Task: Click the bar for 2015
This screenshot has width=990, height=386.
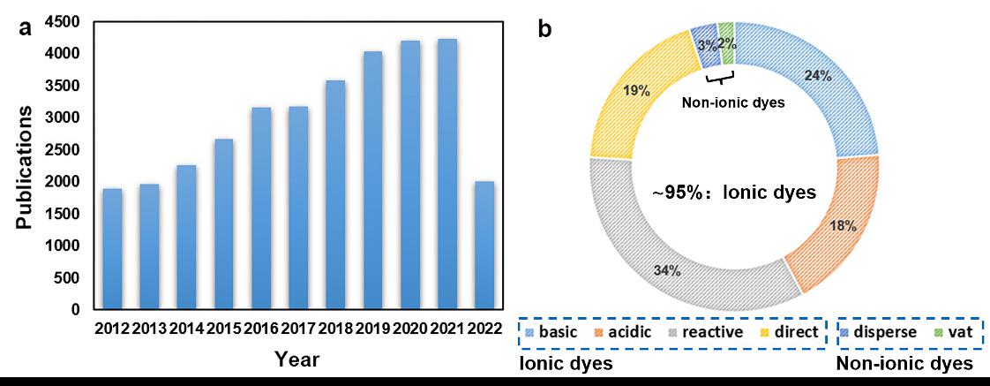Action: click(x=223, y=224)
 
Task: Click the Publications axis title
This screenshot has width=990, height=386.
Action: click(x=26, y=168)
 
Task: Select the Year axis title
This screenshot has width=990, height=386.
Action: click(x=297, y=360)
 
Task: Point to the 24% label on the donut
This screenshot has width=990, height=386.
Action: click(x=818, y=76)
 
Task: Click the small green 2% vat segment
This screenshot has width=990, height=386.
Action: click(x=726, y=43)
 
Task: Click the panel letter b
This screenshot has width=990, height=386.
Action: click(x=545, y=29)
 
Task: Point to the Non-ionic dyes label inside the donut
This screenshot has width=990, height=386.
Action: click(x=734, y=102)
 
